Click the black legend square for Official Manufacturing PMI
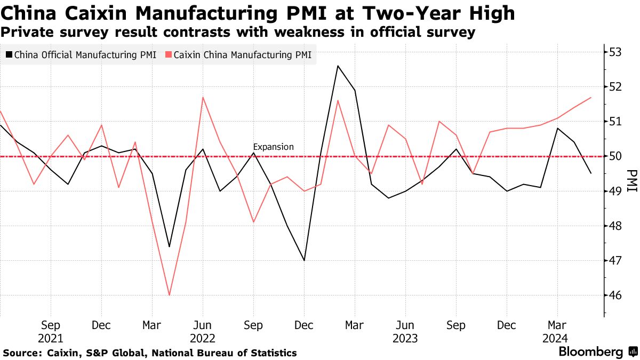coord(9,54)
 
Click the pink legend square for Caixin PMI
coord(169,54)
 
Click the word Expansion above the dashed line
coord(273,147)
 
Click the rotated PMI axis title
coord(631,181)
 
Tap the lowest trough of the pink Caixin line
coord(169,295)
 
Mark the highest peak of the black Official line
coord(338,66)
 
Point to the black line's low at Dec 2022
coord(304,260)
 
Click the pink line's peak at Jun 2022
coord(203,97)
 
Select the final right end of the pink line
coord(590,97)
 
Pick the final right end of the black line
coord(590,173)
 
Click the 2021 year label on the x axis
coord(51,339)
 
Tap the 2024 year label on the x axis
coord(557,339)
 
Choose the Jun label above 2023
coord(405,325)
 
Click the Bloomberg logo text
coord(590,352)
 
